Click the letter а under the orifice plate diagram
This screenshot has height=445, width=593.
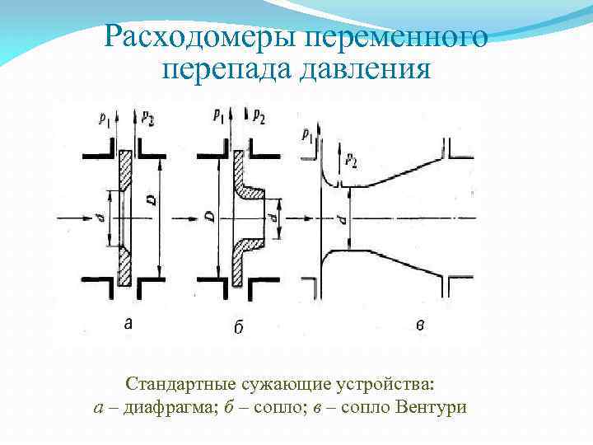tap(127, 324)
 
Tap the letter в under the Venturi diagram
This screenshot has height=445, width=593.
tap(420, 326)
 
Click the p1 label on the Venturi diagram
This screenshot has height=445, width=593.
tap(306, 133)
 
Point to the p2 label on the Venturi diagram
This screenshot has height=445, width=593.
tap(352, 158)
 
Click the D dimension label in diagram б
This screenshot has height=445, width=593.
tap(211, 216)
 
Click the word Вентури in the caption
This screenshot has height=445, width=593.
tap(431, 407)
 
